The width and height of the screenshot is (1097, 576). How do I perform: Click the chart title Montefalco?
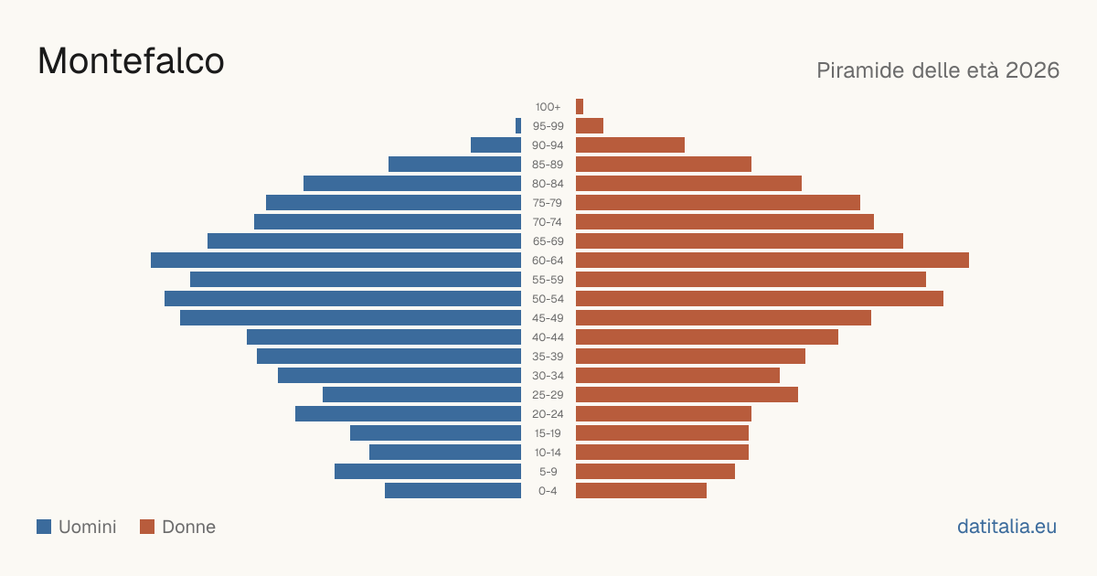coord(131,61)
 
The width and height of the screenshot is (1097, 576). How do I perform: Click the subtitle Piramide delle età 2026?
coord(938,70)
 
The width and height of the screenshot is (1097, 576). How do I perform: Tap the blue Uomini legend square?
coord(44,527)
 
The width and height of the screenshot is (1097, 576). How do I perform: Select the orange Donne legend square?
coord(147,527)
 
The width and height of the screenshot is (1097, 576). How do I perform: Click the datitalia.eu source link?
coord(1006,527)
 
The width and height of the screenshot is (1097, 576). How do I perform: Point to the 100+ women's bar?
coord(580,106)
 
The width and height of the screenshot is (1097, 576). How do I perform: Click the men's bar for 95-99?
coord(518,126)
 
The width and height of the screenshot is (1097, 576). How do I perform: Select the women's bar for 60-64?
coord(772,260)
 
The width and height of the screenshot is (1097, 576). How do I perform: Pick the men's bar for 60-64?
coord(336,260)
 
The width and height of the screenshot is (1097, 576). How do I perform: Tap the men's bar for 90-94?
coord(496,145)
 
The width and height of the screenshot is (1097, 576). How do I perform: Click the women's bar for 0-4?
coord(641,491)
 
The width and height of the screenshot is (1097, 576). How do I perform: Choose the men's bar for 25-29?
coord(421,395)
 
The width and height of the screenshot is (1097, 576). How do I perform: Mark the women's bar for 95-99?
coord(590,126)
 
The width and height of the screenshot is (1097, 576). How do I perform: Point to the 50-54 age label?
coord(548,299)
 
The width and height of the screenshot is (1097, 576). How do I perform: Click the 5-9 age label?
coord(548,472)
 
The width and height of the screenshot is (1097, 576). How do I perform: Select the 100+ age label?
coord(548,107)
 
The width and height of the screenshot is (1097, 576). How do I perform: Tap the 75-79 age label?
coord(548,203)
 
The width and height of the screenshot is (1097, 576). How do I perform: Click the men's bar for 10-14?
coord(445,452)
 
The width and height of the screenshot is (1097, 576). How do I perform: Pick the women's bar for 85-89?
coord(664,164)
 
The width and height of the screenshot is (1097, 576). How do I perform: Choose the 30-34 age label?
coord(548,376)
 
